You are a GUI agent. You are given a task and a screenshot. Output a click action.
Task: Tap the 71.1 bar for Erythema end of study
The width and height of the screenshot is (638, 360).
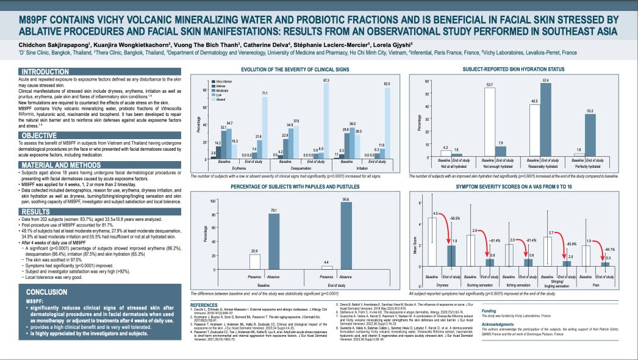(263, 128)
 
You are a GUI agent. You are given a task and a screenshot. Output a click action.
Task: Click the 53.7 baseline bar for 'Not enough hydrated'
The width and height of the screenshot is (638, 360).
(490, 122)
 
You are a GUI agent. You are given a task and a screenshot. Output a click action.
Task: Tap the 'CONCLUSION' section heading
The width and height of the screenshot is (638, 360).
(30, 291)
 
